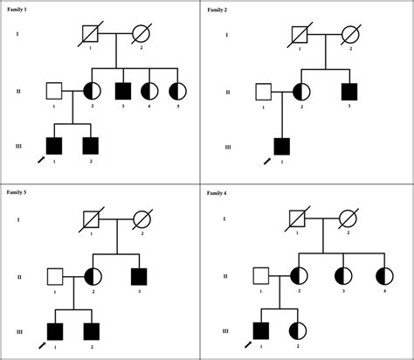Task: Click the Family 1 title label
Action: point(17,10)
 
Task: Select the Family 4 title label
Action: point(217,193)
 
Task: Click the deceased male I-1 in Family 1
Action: point(90,34)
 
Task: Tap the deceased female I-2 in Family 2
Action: point(350,35)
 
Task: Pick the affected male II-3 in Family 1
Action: point(123,91)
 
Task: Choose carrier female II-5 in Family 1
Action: point(177,91)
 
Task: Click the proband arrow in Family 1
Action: point(41,160)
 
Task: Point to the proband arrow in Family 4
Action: point(248,344)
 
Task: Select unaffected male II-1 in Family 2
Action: point(264,92)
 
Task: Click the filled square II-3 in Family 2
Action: point(349,92)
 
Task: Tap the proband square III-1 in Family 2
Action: point(282,147)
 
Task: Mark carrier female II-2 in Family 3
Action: point(93,276)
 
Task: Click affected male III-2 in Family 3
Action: point(92,331)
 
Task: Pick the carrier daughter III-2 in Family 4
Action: point(298,331)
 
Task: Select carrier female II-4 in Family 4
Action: point(384,276)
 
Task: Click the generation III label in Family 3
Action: point(19,332)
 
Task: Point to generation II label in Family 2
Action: point(228,93)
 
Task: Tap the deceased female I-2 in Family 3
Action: point(142,219)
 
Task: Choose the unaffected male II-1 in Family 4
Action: point(261,276)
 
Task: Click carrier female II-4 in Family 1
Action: point(149,91)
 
